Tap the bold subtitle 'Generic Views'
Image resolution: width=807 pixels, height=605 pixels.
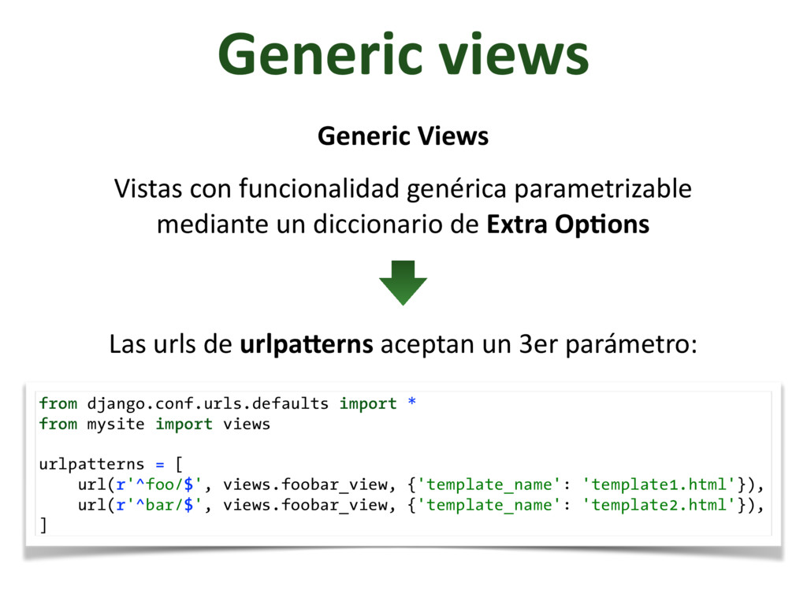[x=403, y=136]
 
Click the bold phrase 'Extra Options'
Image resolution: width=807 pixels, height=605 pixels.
[x=568, y=225]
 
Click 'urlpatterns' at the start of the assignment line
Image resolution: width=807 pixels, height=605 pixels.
[x=91, y=464]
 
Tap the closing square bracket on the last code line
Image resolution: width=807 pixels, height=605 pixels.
[x=43, y=525]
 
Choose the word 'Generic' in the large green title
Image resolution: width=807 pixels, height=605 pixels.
[x=319, y=55]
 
